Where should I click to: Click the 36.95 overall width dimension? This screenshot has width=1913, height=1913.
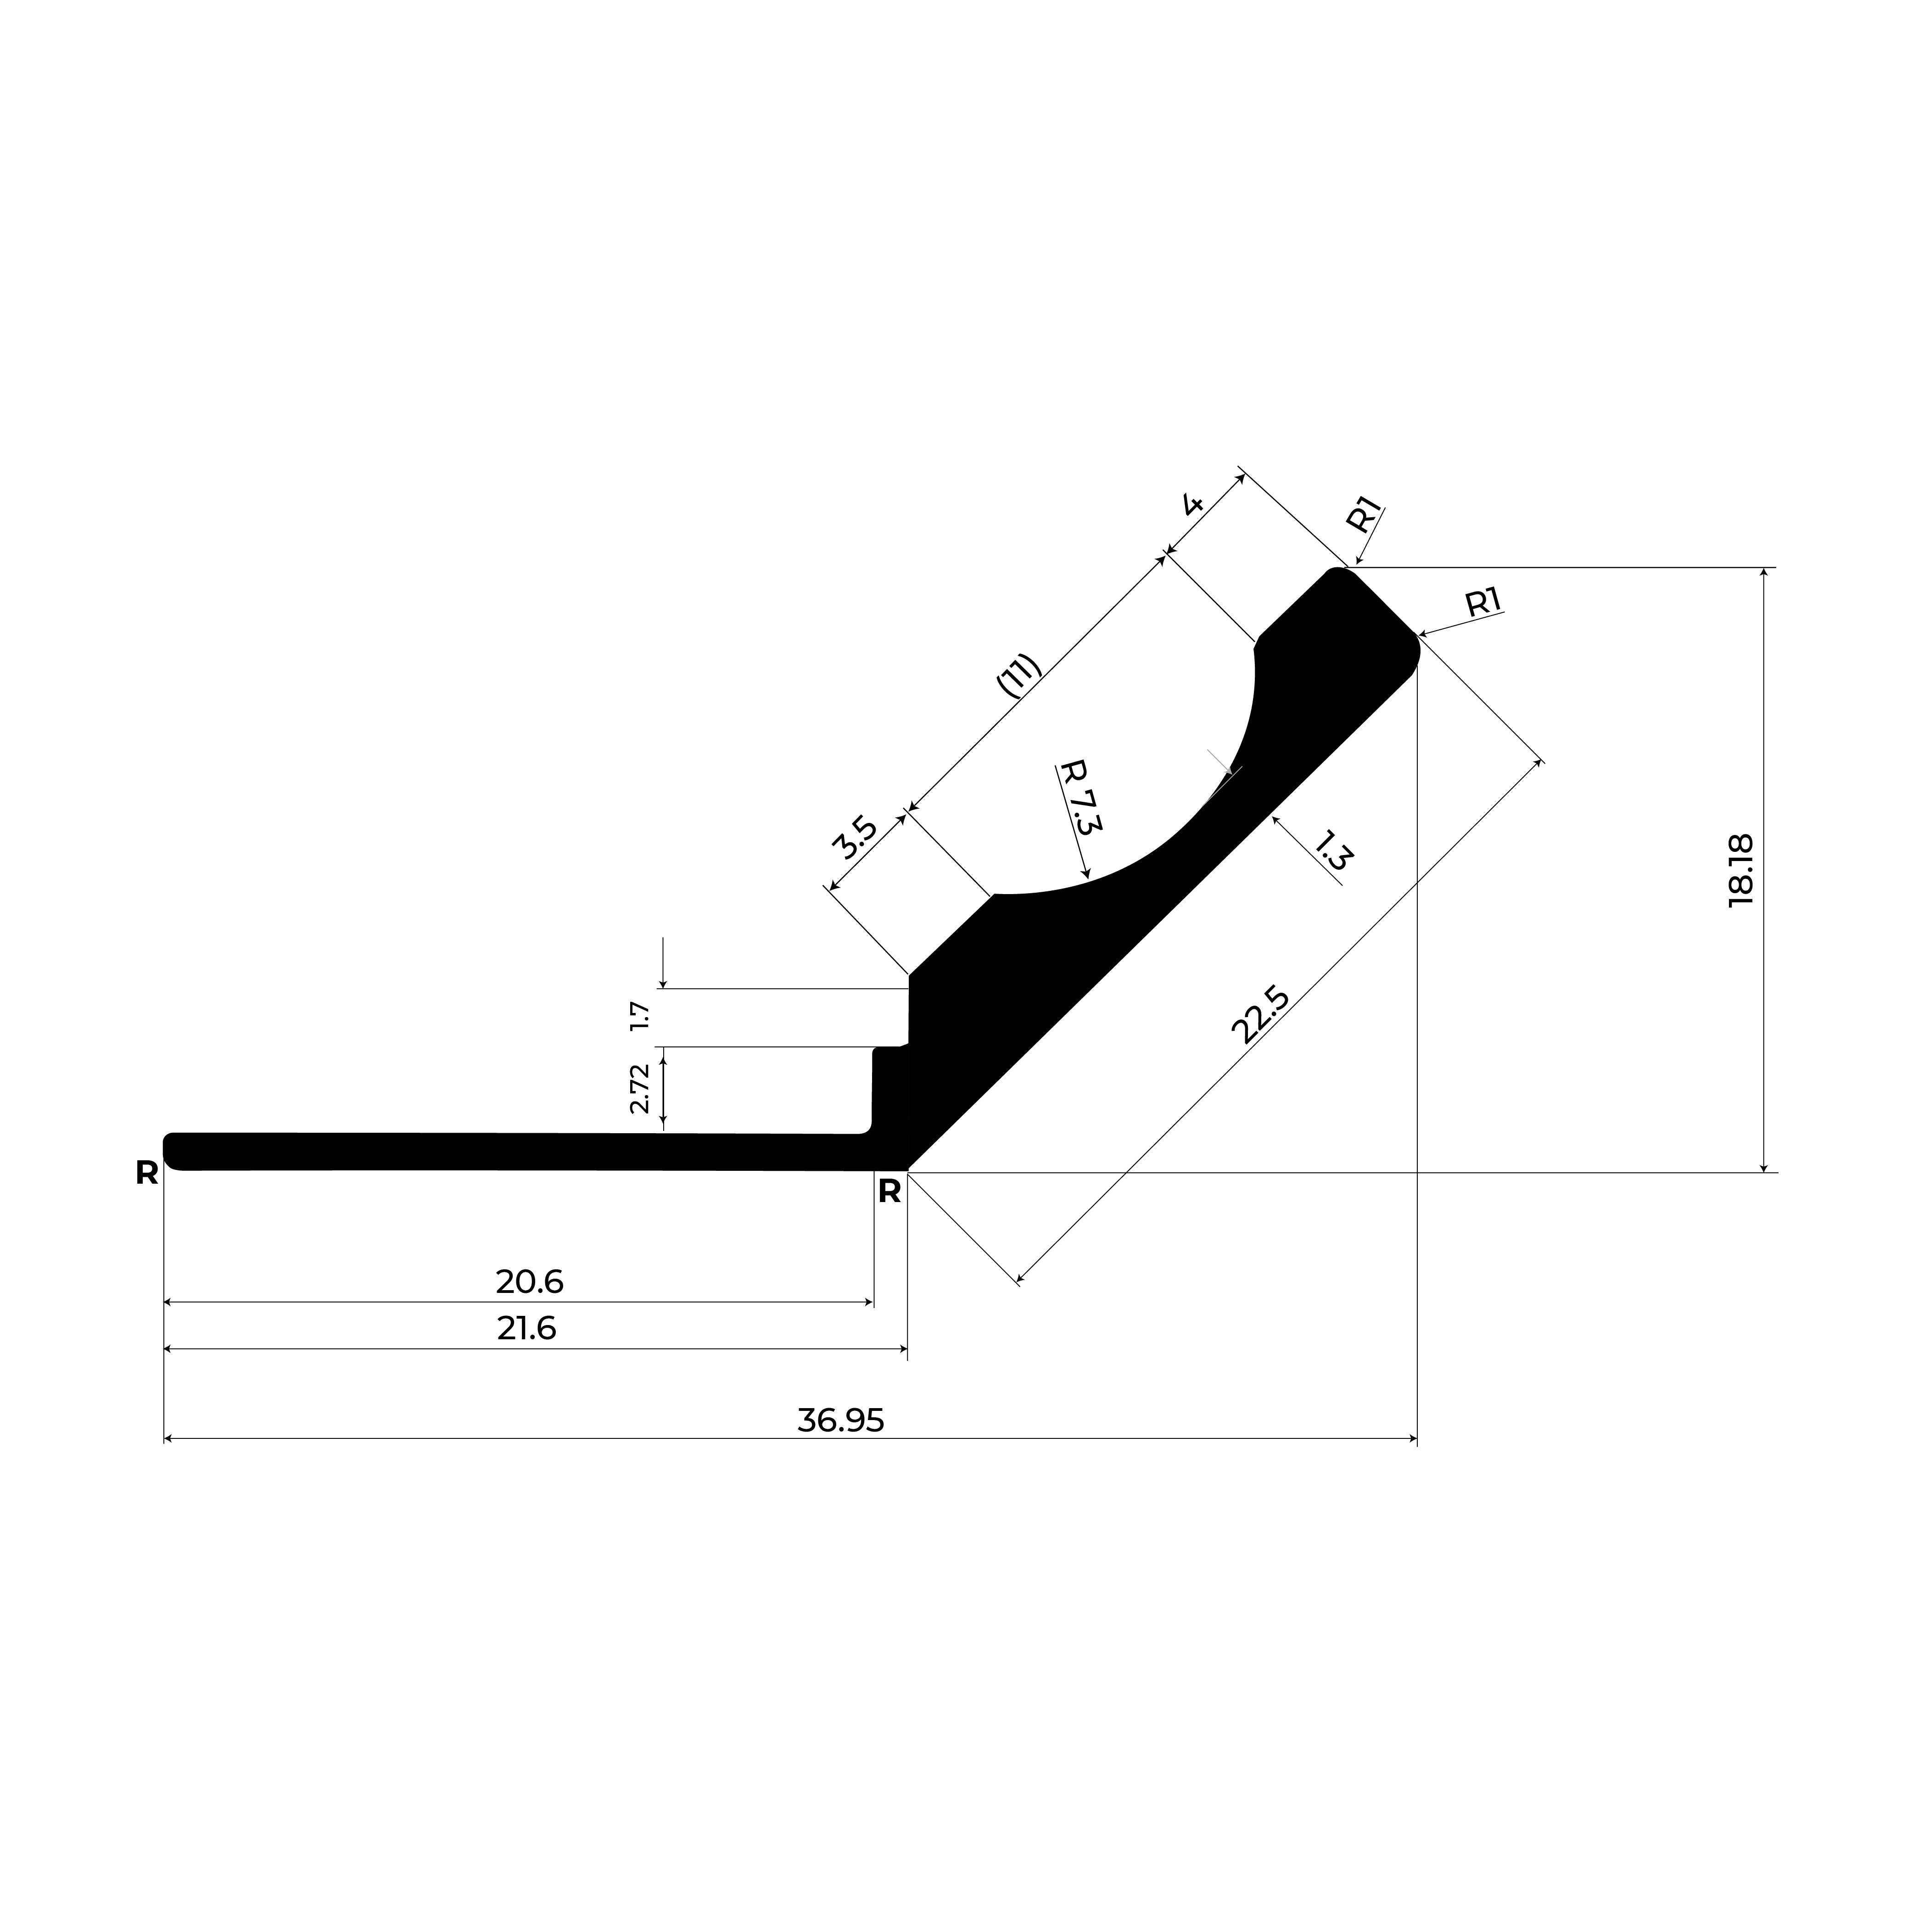[841, 1420]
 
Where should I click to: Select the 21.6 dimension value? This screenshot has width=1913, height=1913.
[527, 1328]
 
